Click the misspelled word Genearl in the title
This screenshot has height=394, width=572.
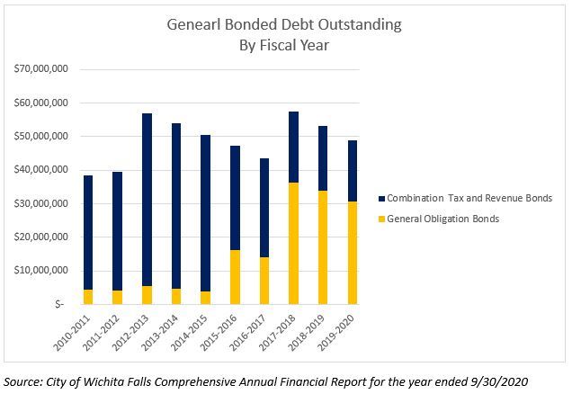pos(194,25)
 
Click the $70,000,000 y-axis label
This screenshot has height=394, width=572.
pos(41,69)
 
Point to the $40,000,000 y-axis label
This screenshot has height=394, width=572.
pos(41,170)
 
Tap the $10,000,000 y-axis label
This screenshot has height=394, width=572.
pos(41,271)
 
